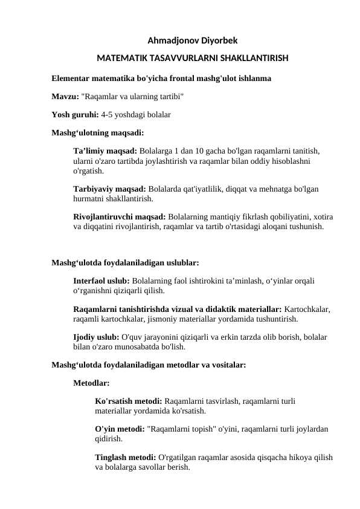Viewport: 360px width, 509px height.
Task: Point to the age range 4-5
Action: pyautogui.click(x=109, y=114)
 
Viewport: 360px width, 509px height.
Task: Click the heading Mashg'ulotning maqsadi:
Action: pyautogui.click(x=97, y=131)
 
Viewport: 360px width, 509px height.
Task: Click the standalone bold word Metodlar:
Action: pyautogui.click(x=91, y=383)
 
